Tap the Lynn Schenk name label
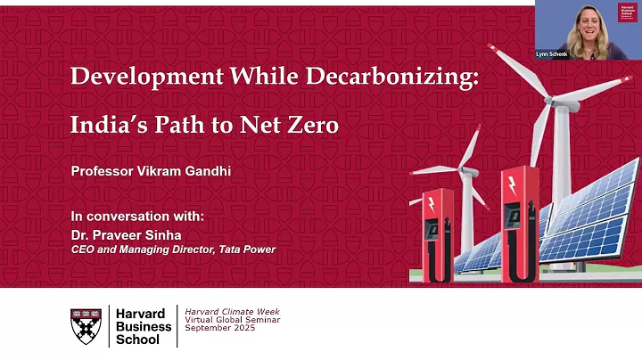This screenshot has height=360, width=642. pos(552,54)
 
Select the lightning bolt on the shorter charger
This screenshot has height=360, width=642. pos(432,204)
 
